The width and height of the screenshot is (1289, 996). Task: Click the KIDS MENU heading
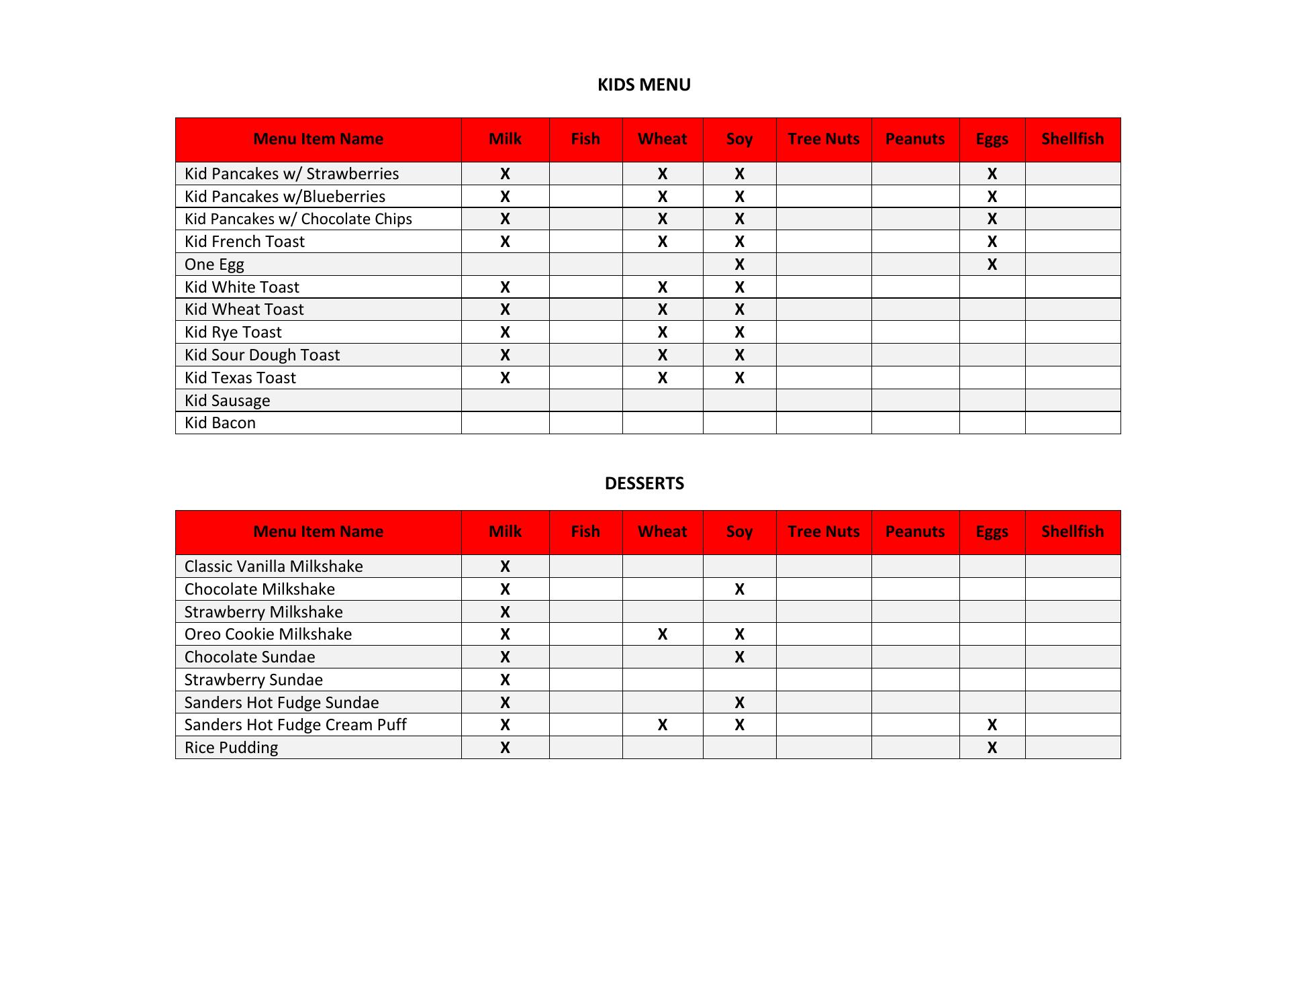click(x=644, y=85)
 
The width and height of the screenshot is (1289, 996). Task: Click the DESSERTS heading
click(x=644, y=483)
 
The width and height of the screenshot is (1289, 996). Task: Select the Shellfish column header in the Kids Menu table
click(x=1072, y=139)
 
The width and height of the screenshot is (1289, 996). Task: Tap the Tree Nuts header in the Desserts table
click(x=823, y=532)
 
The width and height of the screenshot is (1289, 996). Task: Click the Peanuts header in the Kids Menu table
click(x=914, y=139)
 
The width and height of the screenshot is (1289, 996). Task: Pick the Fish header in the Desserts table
click(x=585, y=532)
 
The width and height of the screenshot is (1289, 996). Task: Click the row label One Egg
click(x=214, y=264)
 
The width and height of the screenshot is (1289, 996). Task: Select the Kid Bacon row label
click(x=220, y=423)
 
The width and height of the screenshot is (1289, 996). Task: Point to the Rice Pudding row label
click(x=231, y=748)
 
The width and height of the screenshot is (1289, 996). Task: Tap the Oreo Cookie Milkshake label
click(x=268, y=634)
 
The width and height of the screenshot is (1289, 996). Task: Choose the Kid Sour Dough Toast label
click(x=262, y=355)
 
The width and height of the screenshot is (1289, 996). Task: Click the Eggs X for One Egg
click(x=992, y=264)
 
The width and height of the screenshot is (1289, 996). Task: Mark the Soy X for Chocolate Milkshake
click(x=739, y=589)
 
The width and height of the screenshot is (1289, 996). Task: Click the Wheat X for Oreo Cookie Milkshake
click(x=662, y=634)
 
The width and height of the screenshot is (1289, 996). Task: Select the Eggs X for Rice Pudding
click(x=992, y=748)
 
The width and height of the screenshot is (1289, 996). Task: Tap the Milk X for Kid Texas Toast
click(x=505, y=378)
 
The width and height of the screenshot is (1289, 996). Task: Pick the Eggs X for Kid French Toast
click(x=992, y=242)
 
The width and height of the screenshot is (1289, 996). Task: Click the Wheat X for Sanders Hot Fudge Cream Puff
click(x=662, y=725)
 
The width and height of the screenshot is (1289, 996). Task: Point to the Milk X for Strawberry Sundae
click(x=505, y=680)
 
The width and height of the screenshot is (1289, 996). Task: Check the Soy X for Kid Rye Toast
click(x=739, y=332)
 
